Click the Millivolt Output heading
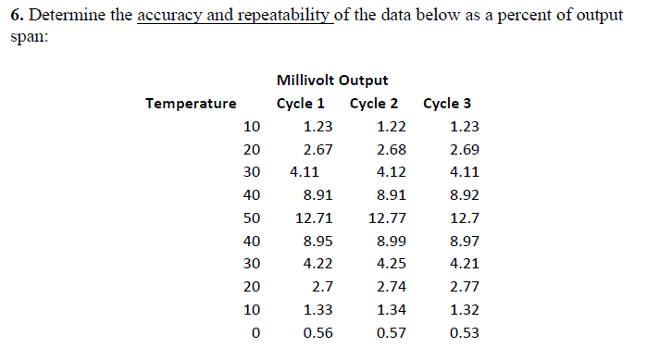(332, 81)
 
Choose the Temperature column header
(191, 104)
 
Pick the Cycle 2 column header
(375, 104)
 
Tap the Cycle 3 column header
(447, 104)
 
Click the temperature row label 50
(251, 217)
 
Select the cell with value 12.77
(386, 217)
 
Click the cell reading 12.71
(313, 217)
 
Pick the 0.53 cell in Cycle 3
(464, 332)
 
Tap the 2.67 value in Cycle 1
(317, 149)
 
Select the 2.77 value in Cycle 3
(464, 286)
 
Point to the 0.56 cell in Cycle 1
(317, 332)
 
